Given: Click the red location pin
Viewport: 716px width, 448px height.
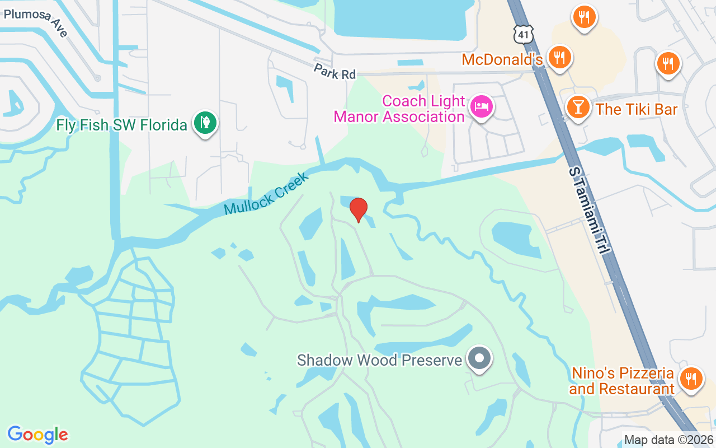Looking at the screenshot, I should coord(358,209).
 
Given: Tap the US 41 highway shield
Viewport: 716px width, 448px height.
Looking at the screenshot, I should coord(522,35).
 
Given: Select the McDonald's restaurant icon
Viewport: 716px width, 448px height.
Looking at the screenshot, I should coord(559,57).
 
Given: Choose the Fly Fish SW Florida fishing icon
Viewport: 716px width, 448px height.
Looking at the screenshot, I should coord(205,123).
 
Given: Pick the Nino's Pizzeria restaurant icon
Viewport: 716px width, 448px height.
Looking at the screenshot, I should coord(691,379).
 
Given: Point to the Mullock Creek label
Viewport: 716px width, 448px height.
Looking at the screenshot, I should coord(266,194).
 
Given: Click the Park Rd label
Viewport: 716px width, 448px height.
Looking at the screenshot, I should coord(335,72).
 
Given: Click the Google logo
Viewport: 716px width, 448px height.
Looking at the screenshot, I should coord(37,434).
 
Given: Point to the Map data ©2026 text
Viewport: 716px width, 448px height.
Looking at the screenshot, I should coord(668,440).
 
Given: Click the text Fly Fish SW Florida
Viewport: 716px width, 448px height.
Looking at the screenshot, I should coord(121,124).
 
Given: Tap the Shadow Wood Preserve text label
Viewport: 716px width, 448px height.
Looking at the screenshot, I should coord(379,360).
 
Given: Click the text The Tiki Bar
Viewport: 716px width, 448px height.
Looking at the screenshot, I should coord(637,109).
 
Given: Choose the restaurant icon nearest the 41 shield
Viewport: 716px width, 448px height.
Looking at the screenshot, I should coord(584,17).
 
